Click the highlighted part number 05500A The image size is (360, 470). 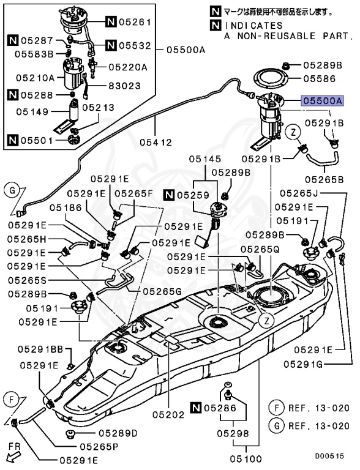pyautogui.click(x=323, y=101)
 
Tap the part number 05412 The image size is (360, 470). pyautogui.click(x=156, y=142)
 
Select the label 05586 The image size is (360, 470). pyautogui.click(x=320, y=79)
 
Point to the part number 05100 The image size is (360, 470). pyautogui.click(x=246, y=458)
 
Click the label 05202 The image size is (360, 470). pyautogui.click(x=168, y=415)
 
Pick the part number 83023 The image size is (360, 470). pyautogui.click(x=124, y=86)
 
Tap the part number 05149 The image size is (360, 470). pyautogui.click(x=32, y=112)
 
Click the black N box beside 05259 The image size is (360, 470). pyautogui.click(x=170, y=195)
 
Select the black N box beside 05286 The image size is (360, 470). pyautogui.click(x=195, y=408)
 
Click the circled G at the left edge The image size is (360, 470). pyautogui.click(x=12, y=191)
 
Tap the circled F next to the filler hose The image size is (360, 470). pyautogui.click(x=12, y=400)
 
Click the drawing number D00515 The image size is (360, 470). pyautogui.click(x=329, y=456)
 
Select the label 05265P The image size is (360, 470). pyautogui.click(x=99, y=447)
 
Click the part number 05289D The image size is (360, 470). pyautogui.click(x=118, y=433)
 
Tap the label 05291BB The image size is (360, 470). pyautogui.click(x=40, y=349)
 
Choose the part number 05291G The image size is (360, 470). pyautogui.click(x=303, y=364)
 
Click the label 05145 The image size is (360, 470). pyautogui.click(x=205, y=159)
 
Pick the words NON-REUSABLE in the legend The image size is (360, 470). pyautogui.click(x=276, y=36)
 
